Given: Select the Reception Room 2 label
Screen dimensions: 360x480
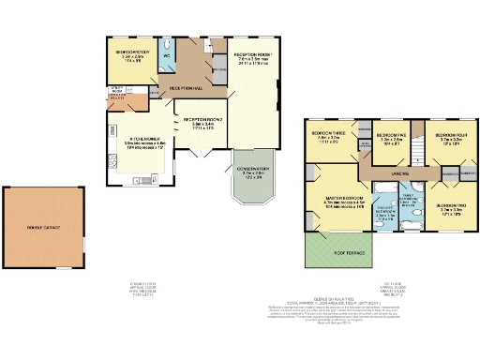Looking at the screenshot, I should point(202,120).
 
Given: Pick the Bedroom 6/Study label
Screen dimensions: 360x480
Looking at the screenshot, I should point(132,52).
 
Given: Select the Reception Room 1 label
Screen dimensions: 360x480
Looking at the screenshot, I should point(251,54).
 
